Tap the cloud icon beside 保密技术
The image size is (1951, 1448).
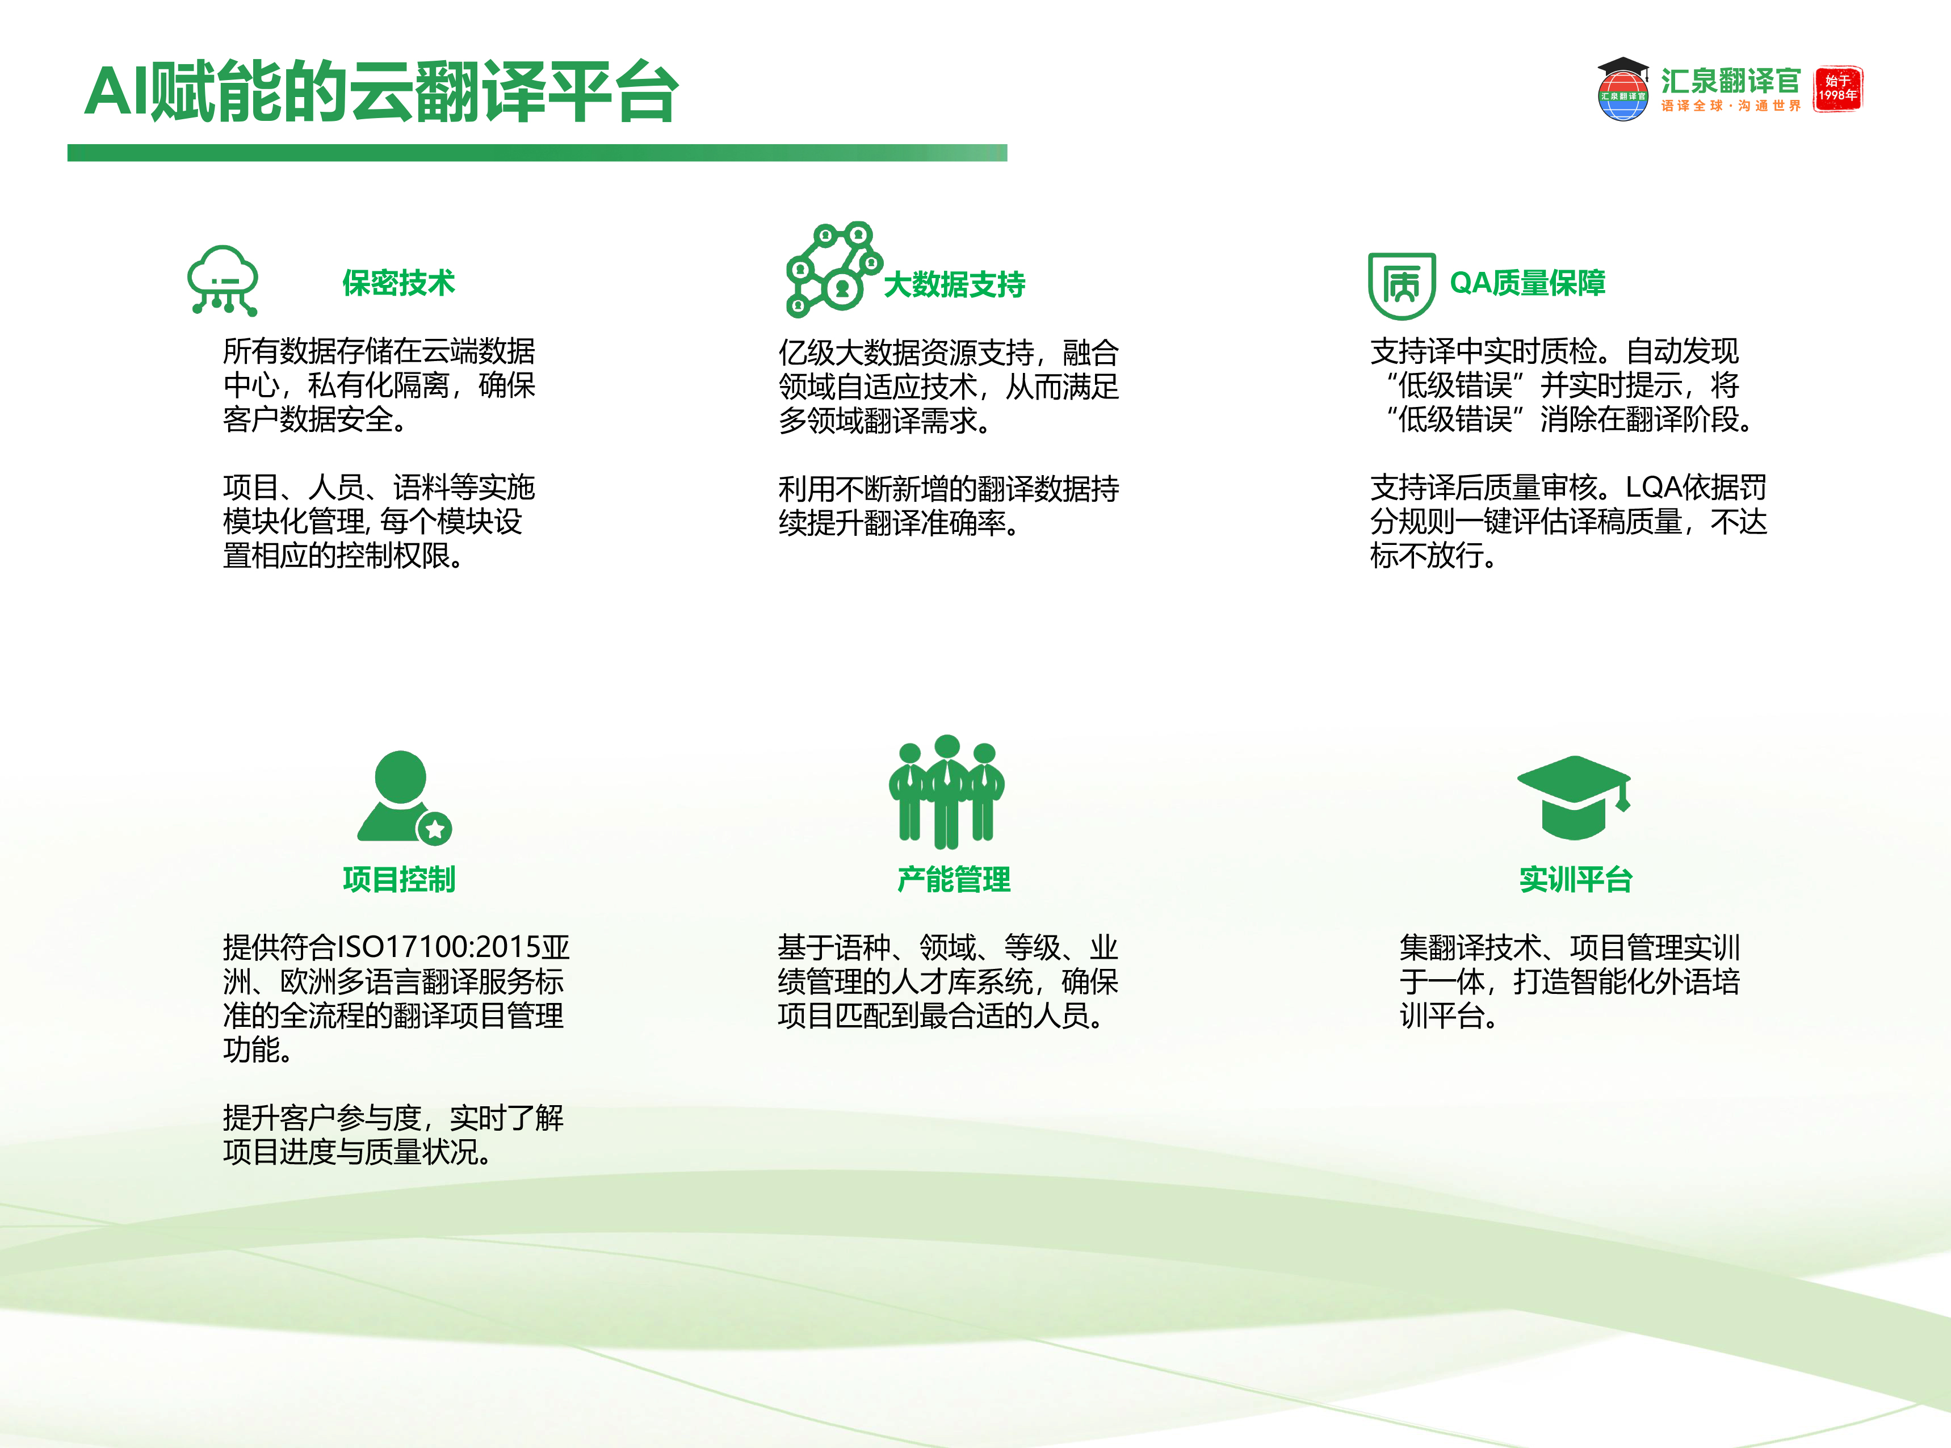[223, 280]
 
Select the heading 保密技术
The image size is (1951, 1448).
[399, 283]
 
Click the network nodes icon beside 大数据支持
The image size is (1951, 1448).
[833, 268]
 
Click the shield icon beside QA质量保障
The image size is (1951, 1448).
[1402, 286]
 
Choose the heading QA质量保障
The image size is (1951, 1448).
[1528, 283]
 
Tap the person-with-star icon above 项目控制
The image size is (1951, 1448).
[403, 796]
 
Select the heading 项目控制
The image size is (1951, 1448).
[399, 879]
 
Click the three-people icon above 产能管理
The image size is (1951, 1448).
[947, 791]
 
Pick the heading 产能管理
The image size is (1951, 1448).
[954, 879]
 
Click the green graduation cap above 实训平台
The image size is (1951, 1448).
[1574, 796]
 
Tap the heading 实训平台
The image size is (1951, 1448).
[1575, 879]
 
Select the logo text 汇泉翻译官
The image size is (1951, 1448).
[1730, 81]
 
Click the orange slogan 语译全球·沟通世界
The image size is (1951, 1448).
[1730, 106]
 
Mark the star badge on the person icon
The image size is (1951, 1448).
[435, 828]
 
